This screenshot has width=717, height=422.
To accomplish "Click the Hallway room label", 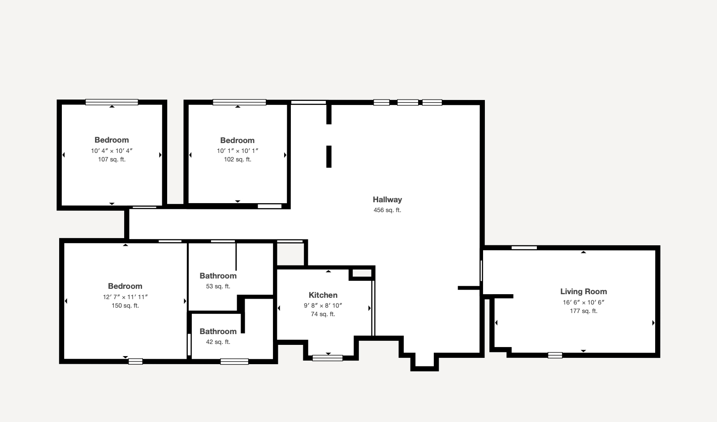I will coord(387,200).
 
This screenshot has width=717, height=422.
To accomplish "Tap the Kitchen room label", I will coord(323,295).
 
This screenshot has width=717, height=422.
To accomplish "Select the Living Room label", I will coord(583,291).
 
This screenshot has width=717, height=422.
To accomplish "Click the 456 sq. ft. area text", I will coord(387,210).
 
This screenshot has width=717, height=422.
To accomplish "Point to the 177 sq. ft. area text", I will coord(583,311).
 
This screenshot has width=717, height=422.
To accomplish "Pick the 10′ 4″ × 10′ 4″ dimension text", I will coord(112,151).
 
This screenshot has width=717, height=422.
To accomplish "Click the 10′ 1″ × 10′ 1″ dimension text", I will coord(238,151).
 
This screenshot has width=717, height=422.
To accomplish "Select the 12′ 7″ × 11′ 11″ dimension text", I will coord(125,297).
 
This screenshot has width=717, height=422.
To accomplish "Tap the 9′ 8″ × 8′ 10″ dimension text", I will coord(323,305).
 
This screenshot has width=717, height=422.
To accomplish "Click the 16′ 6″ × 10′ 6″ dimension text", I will coord(583,302).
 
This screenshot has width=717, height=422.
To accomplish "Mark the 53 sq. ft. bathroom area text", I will coord(218,286).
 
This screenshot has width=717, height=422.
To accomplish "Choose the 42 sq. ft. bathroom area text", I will coord(218,342).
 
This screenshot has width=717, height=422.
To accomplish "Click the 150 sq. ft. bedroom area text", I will coord(125,305).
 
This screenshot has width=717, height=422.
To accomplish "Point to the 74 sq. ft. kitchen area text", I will coord(323,314).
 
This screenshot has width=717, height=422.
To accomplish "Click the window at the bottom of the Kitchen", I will coord(328,358).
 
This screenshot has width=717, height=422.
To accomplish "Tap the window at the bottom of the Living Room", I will coord(555,355).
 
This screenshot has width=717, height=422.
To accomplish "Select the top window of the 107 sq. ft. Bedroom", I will coord(112,102).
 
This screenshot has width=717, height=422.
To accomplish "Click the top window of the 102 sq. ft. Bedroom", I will coord(239,102).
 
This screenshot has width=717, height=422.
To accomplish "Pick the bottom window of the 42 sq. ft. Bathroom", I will coord(234,361).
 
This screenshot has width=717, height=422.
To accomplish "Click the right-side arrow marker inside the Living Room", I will coord(653,323).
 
